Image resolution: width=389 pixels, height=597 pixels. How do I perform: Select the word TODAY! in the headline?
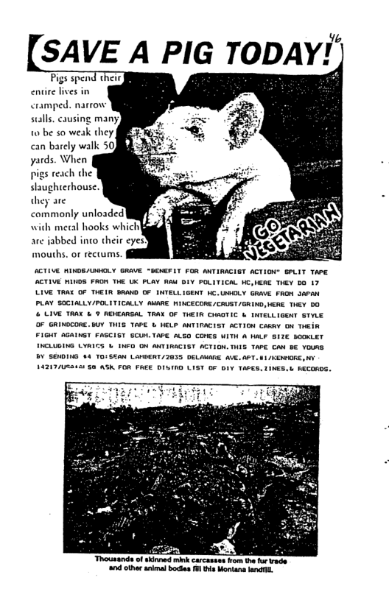tap(288, 52)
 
